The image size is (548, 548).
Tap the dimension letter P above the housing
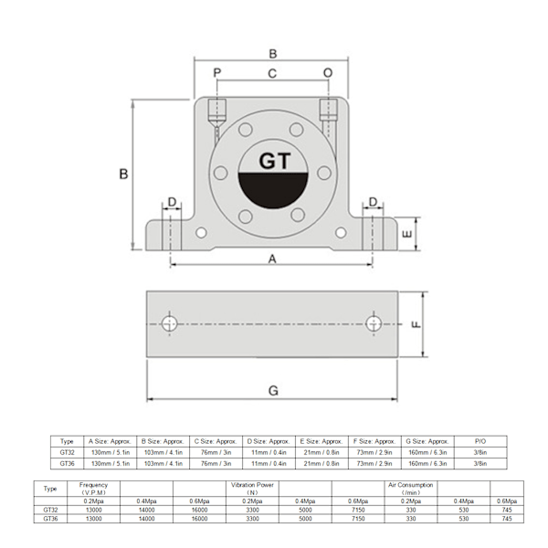click(217, 72)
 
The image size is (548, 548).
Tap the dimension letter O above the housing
click(328, 72)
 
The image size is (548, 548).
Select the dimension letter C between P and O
click(272, 72)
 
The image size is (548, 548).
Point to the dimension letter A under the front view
click(272, 258)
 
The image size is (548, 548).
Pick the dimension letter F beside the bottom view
click(417, 324)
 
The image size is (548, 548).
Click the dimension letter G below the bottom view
click(272, 391)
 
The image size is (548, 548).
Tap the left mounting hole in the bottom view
click(170, 323)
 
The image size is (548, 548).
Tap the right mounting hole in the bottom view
click(374, 323)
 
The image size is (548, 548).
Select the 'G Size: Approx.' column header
click(425, 440)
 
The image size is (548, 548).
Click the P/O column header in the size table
click(481, 440)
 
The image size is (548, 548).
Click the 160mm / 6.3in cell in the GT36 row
click(425, 464)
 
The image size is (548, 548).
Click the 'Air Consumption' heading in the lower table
click(410, 485)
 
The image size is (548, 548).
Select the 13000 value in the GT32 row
click(94, 509)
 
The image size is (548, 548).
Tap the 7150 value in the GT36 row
click(357, 518)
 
